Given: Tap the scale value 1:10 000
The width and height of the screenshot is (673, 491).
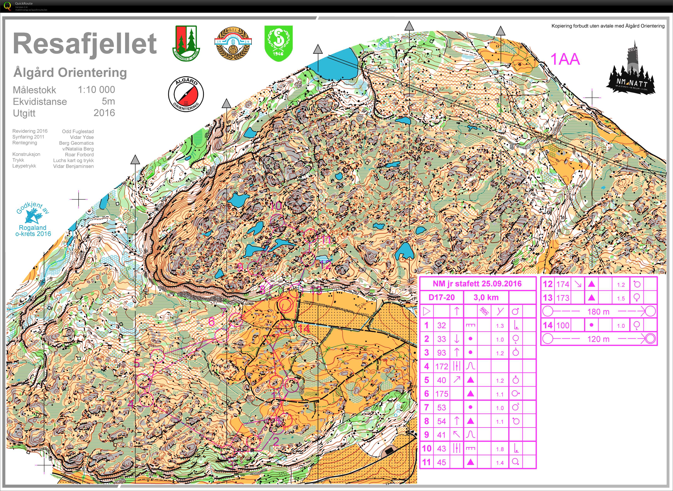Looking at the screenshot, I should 96,90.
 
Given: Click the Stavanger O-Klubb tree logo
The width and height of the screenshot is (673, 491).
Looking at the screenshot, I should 186,43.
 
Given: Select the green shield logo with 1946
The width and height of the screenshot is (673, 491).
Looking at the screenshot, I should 279,43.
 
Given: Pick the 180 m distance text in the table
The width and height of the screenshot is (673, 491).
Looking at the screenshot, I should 598,311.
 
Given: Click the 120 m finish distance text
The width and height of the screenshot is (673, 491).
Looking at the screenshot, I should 598,339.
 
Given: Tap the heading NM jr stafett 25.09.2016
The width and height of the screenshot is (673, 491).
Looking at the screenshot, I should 477,284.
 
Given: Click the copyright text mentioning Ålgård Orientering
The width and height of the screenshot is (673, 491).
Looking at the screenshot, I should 608,26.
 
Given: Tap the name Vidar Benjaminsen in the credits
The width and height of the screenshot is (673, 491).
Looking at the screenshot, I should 73,166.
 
